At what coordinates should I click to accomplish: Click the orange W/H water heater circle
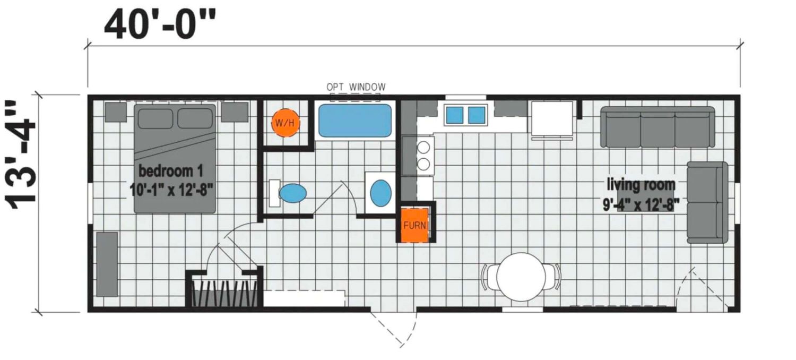point(285,123)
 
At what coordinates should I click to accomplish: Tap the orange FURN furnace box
point(414,225)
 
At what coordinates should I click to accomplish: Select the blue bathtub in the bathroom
point(354,120)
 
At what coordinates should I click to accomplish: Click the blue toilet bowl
point(292,193)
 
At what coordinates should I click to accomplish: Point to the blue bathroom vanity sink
point(380,193)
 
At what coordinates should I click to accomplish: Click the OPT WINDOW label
point(356,87)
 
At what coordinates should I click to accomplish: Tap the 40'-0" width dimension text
point(160,25)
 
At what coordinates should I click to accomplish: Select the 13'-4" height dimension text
point(21,155)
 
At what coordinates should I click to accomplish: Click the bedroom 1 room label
point(171,171)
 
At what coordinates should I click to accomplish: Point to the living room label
point(641,185)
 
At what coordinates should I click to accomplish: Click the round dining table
point(521,277)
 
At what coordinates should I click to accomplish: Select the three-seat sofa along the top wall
point(657,127)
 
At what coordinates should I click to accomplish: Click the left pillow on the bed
point(155,118)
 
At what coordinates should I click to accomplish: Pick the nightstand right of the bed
point(235,112)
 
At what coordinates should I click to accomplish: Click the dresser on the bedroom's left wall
point(107,264)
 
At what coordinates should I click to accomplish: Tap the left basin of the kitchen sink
point(454,115)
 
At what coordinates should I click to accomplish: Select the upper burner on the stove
point(423,147)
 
